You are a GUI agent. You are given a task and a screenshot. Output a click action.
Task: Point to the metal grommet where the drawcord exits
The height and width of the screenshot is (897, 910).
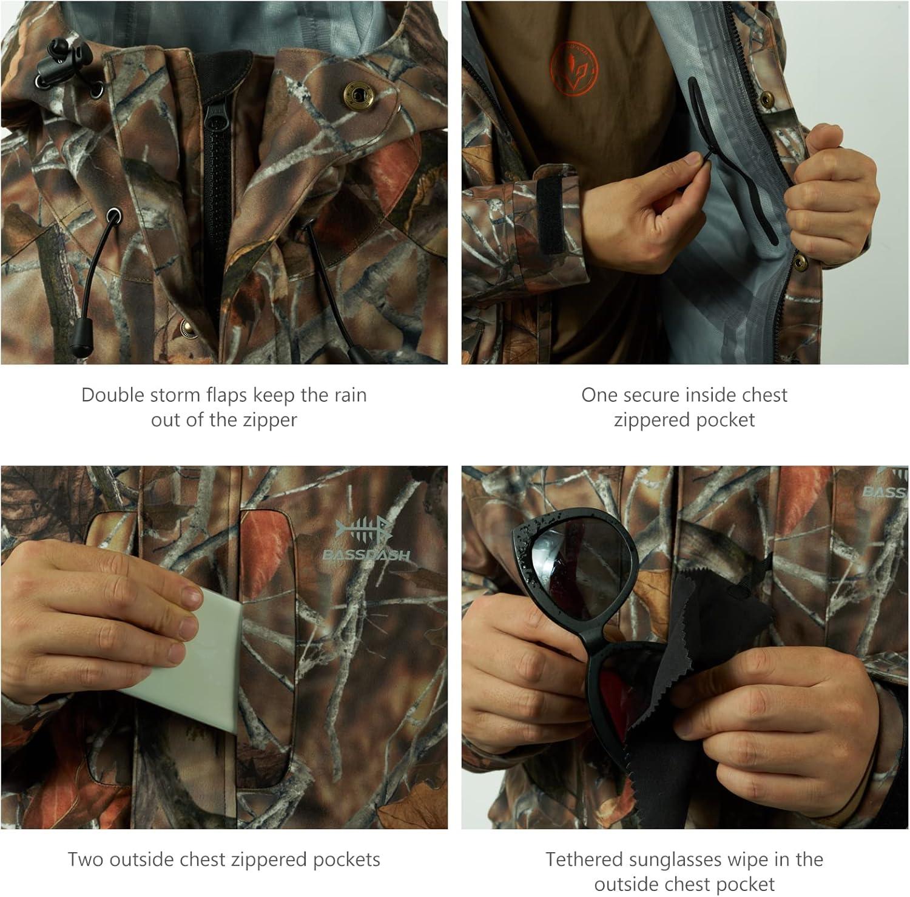(113, 215)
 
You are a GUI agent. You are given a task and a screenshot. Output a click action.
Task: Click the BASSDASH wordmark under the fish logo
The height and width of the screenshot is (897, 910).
(366, 555)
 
